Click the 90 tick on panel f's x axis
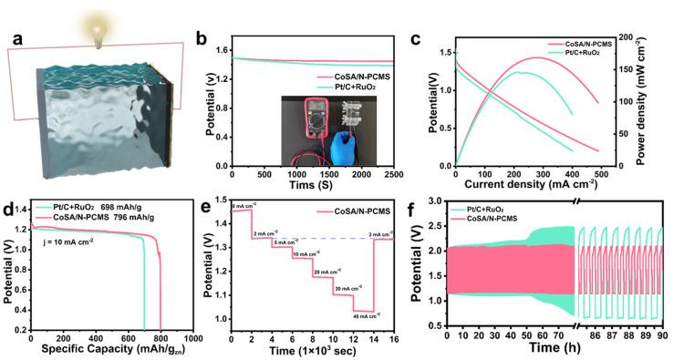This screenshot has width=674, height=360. tap(662, 336)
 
